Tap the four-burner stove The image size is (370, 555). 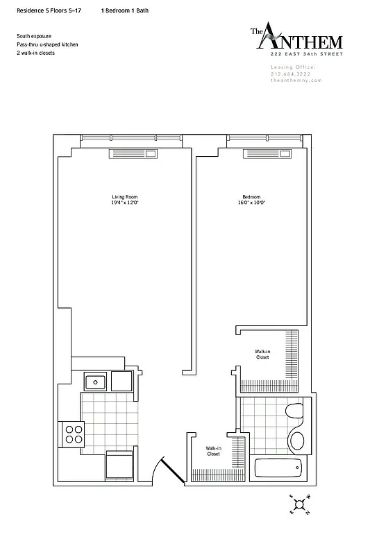[x=73, y=434]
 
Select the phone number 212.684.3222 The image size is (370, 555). [x=292, y=74]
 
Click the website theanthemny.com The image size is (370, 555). [x=292, y=80]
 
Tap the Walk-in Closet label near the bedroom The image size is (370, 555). [x=262, y=355]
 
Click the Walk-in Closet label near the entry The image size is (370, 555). [x=213, y=452]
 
